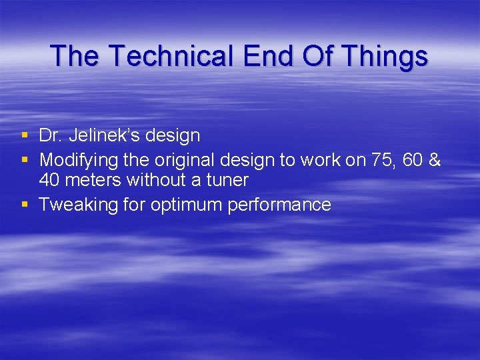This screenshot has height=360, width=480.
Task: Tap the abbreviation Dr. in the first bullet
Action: click(51, 136)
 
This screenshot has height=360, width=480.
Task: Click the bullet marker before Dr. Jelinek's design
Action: click(25, 136)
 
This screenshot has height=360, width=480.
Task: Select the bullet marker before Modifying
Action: click(25, 159)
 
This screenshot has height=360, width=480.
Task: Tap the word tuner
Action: click(227, 181)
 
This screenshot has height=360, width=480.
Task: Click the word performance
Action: click(279, 205)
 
